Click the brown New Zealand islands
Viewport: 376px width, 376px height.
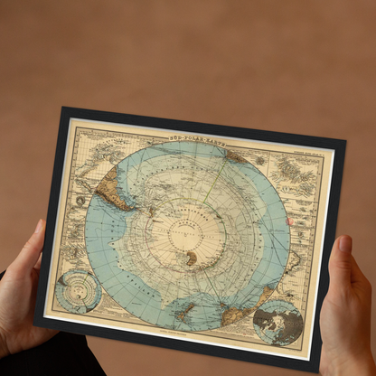[185, 312]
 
